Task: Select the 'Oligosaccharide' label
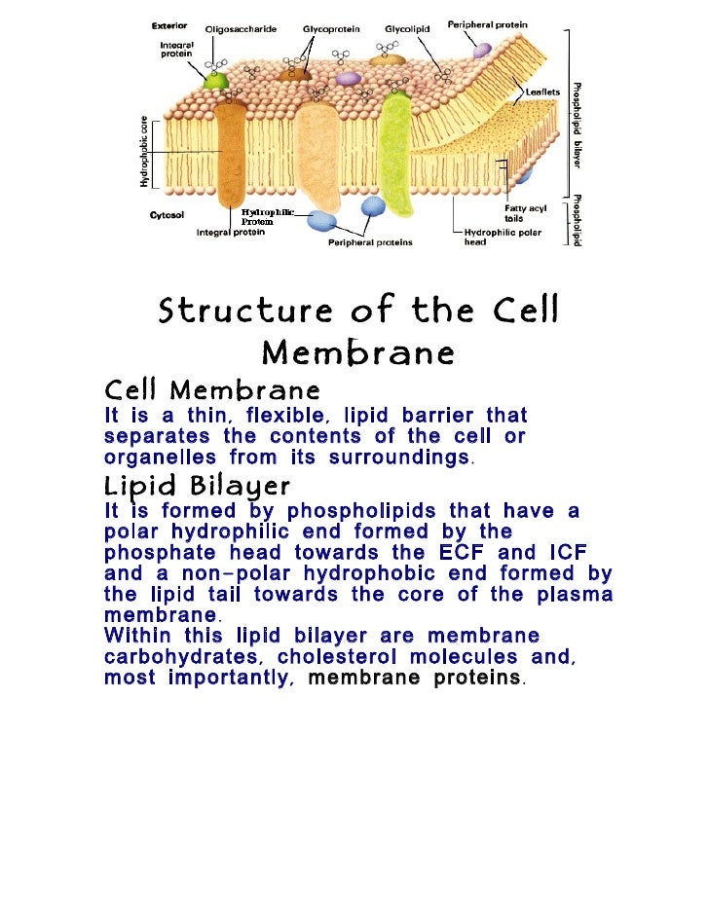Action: pyautogui.click(x=240, y=29)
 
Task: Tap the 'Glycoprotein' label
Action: pyautogui.click(x=329, y=29)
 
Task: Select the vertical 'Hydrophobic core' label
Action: pyautogui.click(x=143, y=153)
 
